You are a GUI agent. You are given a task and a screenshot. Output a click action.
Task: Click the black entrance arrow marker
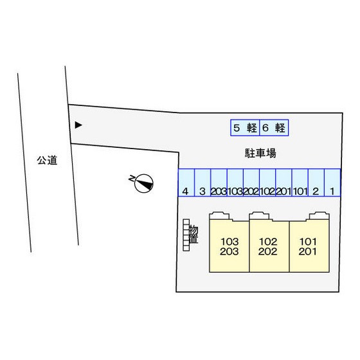point(78,125)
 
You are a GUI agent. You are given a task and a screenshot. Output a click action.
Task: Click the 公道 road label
point(47,160)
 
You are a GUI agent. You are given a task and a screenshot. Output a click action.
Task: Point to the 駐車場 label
point(260,153)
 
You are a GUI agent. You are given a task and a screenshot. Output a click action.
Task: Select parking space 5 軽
point(245,128)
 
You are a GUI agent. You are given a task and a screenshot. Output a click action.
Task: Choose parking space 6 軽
point(274,128)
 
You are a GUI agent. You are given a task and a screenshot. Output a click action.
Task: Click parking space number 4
point(186,183)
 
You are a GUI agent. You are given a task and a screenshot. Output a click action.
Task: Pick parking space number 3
point(203,183)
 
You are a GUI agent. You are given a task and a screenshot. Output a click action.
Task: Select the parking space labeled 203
point(219,183)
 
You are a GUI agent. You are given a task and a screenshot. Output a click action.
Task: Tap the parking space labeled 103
point(235,183)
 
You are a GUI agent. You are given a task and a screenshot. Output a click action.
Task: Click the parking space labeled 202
point(251,183)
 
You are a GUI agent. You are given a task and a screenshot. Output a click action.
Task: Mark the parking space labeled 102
point(267,183)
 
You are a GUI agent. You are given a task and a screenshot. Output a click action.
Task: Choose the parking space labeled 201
point(283,183)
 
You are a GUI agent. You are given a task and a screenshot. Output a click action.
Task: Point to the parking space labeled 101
point(300,183)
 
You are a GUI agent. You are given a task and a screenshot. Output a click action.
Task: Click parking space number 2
point(316,183)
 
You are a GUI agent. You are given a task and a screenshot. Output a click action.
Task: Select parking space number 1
point(332,183)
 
